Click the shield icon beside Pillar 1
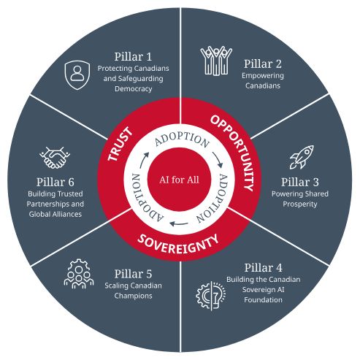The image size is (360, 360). pyautogui.click(x=77, y=75)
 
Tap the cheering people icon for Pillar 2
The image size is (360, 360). pyautogui.click(x=216, y=61)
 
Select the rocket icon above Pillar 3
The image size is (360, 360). pyautogui.click(x=302, y=157)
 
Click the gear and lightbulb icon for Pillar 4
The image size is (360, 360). pyautogui.click(x=211, y=296)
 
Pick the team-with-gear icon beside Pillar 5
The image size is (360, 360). pyautogui.click(x=79, y=274)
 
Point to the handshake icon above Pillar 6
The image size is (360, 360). pyautogui.click(x=55, y=158)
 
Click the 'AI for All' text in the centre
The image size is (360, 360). pyautogui.click(x=179, y=180)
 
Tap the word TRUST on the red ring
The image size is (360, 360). pyautogui.click(x=120, y=145)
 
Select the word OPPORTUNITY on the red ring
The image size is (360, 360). pyautogui.click(x=234, y=151)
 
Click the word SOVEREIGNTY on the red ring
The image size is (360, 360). pyautogui.click(x=178, y=244)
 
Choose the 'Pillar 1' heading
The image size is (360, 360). pyautogui.click(x=133, y=57)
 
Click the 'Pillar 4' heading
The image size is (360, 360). pyautogui.click(x=263, y=267)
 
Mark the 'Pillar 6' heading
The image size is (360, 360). pyautogui.click(x=55, y=182)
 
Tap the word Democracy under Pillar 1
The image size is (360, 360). pyautogui.click(x=134, y=89)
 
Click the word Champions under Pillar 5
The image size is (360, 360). pyautogui.click(x=133, y=296)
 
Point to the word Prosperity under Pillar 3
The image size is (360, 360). pyautogui.click(x=300, y=204)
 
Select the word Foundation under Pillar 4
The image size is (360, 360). pyautogui.click(x=263, y=299)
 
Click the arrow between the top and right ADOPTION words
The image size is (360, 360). pyautogui.click(x=218, y=160)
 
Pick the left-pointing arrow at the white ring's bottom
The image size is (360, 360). pyautogui.click(x=179, y=223)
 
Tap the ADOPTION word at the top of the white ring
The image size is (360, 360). pyautogui.click(x=182, y=139)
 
